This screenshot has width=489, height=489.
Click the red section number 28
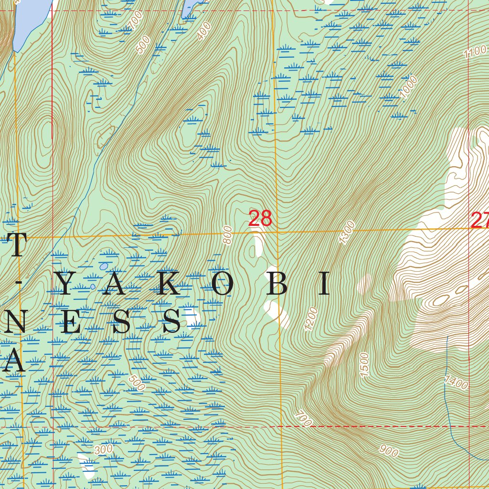pyautogui.click(x=260, y=219)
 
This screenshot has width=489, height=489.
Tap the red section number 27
pyautogui.click(x=480, y=220)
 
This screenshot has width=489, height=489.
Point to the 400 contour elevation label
pyautogui.click(x=204, y=31)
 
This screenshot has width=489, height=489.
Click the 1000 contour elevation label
pyautogui.click(x=409, y=87)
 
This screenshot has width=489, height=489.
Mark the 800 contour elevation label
pyautogui.click(x=228, y=235)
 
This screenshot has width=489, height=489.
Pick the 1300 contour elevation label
pyautogui.click(x=347, y=233)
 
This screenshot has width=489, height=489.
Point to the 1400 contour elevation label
pyautogui.click(x=456, y=383)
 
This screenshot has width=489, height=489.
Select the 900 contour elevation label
pyautogui.click(x=389, y=450)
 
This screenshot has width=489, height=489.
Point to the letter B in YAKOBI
pyautogui.click(x=279, y=285)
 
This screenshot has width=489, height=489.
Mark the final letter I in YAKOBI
pyautogui.click(x=325, y=285)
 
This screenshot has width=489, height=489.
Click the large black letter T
pyautogui.click(x=15, y=246)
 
